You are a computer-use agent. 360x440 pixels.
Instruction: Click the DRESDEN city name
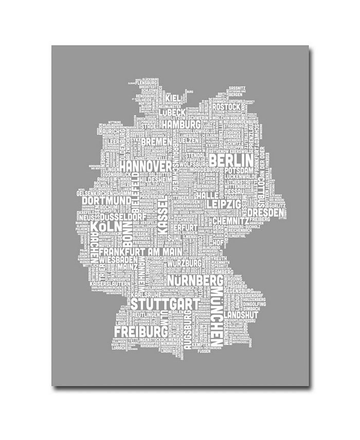265,212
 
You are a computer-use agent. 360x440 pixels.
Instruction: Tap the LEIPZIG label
224,204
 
